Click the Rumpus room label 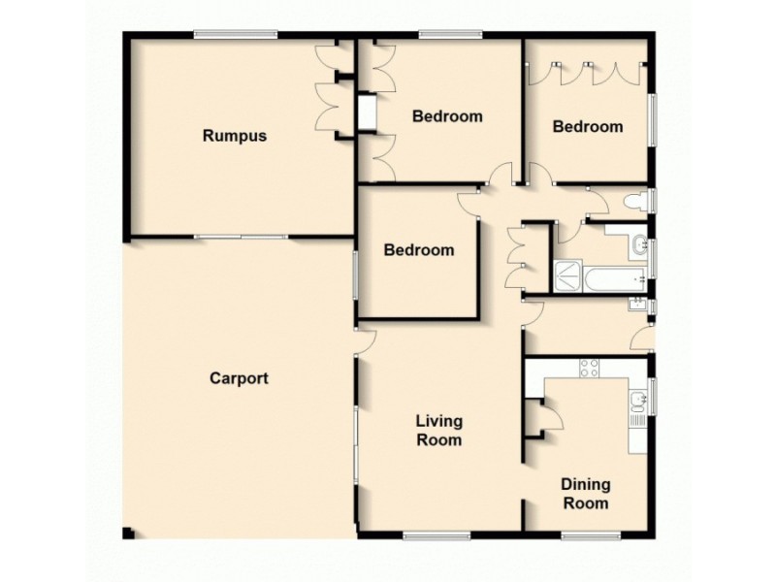234,136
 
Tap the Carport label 239,378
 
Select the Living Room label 438,430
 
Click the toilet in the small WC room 636,202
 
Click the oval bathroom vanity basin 638,244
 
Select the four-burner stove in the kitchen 589,367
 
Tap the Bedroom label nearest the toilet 587,126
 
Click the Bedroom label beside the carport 418,250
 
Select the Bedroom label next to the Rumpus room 447,116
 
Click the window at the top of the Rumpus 235,36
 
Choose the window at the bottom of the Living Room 436,533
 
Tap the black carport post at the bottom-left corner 129,533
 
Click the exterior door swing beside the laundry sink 640,339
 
